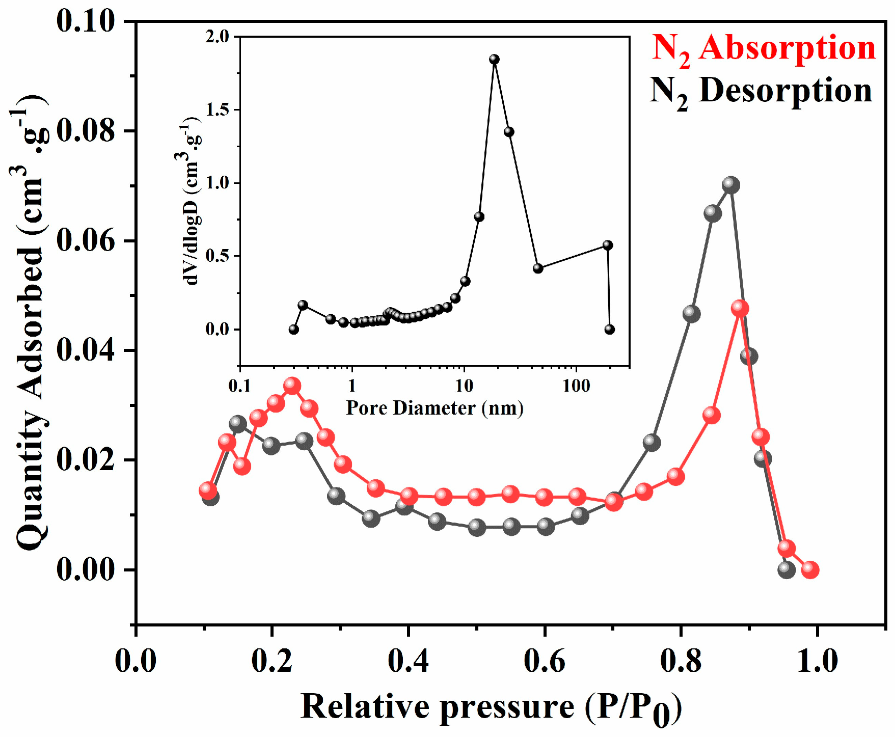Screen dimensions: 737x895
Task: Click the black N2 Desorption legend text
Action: (x=761, y=92)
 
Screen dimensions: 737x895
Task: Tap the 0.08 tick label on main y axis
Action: (x=86, y=130)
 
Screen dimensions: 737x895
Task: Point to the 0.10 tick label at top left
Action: (x=86, y=21)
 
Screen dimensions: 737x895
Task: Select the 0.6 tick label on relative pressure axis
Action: (x=545, y=661)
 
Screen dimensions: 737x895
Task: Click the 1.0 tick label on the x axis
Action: (x=817, y=661)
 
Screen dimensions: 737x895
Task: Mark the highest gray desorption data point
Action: (x=730, y=185)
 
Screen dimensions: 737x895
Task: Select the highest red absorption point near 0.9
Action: (x=740, y=308)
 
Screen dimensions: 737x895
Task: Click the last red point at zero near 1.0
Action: (x=810, y=569)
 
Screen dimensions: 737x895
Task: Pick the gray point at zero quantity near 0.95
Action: (x=786, y=569)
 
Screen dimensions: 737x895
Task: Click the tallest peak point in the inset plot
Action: (x=494, y=60)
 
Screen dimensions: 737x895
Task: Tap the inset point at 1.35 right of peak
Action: (x=508, y=132)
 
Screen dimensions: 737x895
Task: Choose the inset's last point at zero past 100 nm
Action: (x=610, y=330)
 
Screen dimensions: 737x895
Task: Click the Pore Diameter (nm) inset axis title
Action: (x=435, y=408)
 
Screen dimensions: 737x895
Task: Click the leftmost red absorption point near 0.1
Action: (x=207, y=490)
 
